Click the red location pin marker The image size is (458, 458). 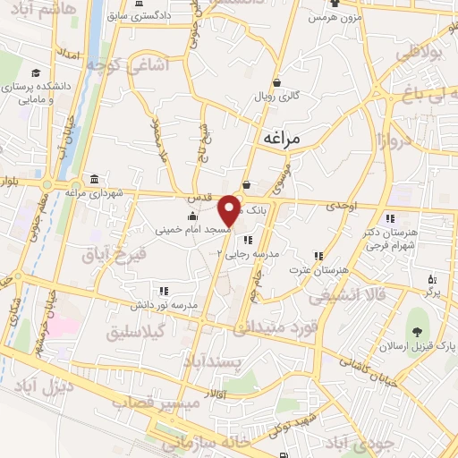click(x=229, y=210)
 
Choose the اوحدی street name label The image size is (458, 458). click(x=340, y=207)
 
